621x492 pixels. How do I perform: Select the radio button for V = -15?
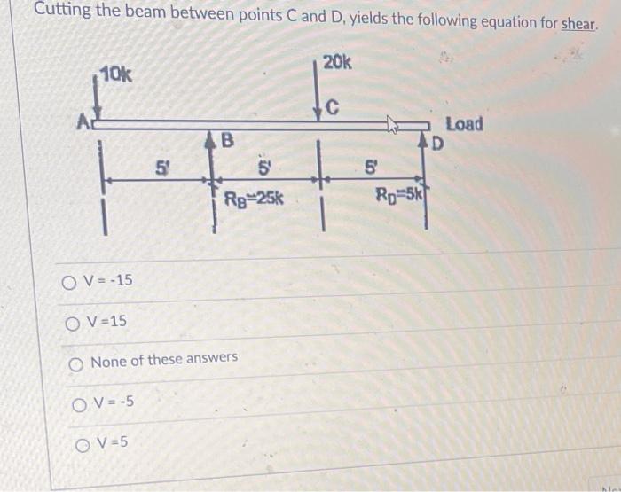pyautogui.click(x=69, y=283)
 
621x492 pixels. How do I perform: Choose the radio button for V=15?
pyautogui.click(x=73, y=324)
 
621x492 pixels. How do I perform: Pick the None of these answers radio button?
pyautogui.click(x=75, y=365)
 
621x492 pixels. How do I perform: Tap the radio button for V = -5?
pyautogui.click(x=79, y=405)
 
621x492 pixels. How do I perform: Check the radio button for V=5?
pyautogui.click(x=82, y=446)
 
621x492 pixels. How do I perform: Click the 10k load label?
pyautogui.click(x=115, y=74)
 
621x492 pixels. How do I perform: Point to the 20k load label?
pyautogui.click(x=337, y=62)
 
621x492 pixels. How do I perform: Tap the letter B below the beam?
pyautogui.click(x=227, y=140)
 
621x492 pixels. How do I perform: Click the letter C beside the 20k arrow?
pyautogui.click(x=333, y=107)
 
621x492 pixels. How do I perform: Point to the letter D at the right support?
pyautogui.click(x=436, y=144)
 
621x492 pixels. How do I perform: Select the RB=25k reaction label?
pyautogui.click(x=254, y=199)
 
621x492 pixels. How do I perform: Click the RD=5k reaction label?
pyautogui.click(x=400, y=193)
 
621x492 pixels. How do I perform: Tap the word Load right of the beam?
pyautogui.click(x=465, y=124)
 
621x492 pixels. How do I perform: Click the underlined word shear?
pyautogui.click(x=578, y=25)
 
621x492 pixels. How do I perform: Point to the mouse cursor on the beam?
pyautogui.click(x=392, y=126)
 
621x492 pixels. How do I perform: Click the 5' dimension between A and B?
pyautogui.click(x=161, y=168)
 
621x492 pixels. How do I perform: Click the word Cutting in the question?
pyautogui.click(x=63, y=10)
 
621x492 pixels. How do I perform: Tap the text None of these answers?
pyautogui.click(x=164, y=359)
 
